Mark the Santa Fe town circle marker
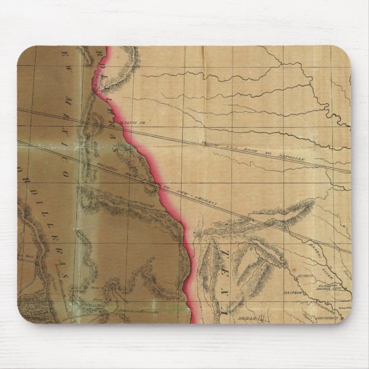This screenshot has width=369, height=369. (116, 121)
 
